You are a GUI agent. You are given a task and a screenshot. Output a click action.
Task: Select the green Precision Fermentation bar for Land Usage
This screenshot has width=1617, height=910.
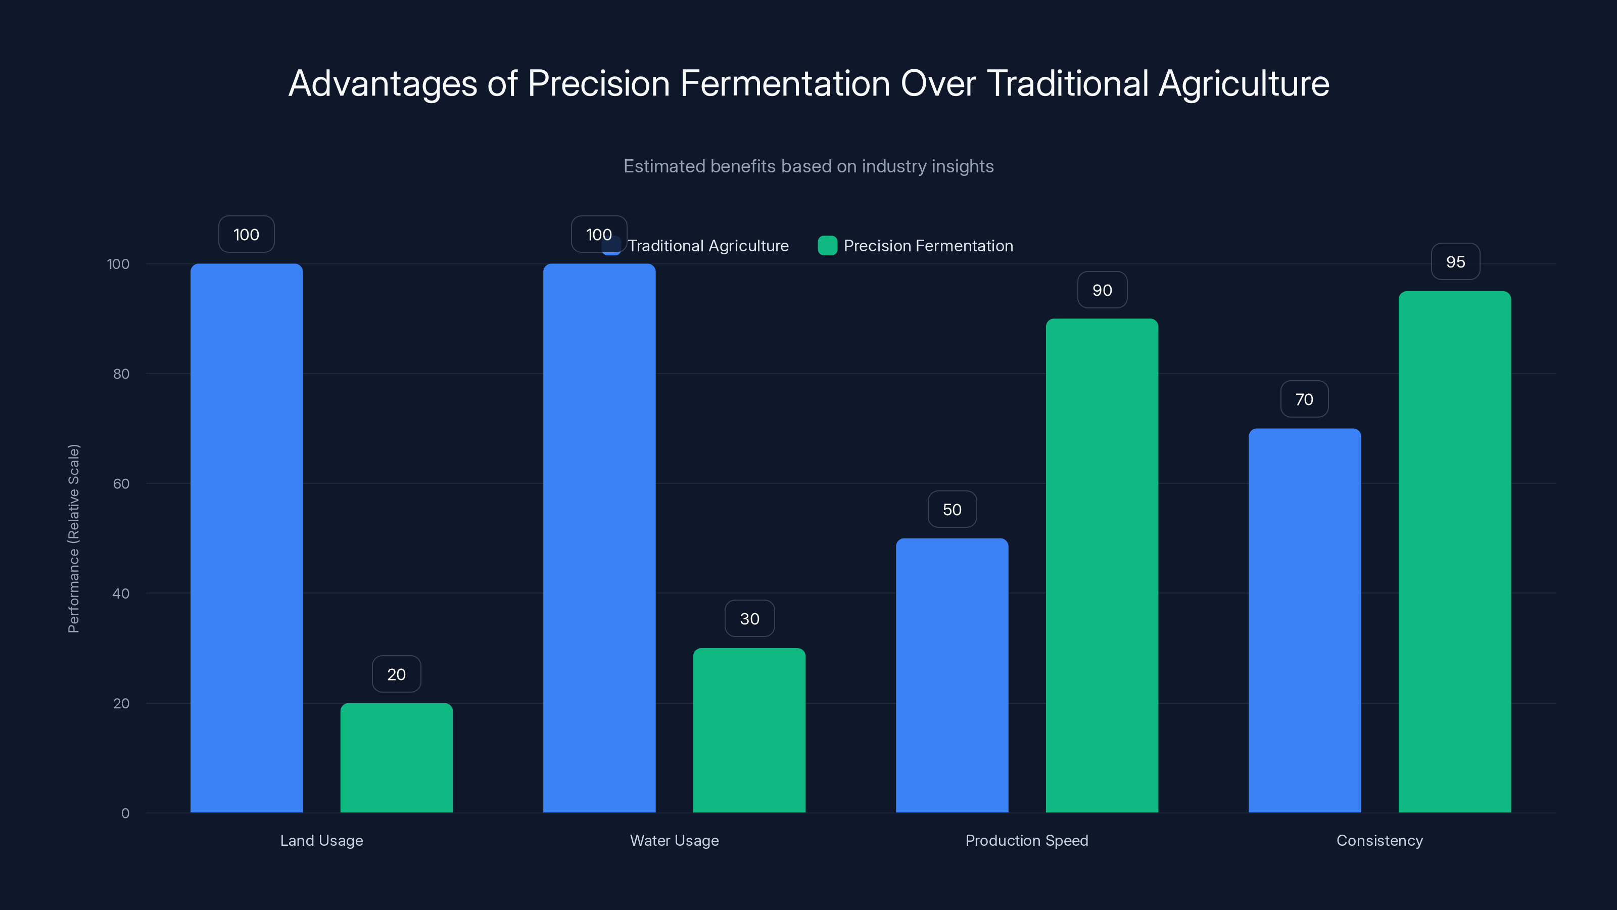click(x=396, y=757)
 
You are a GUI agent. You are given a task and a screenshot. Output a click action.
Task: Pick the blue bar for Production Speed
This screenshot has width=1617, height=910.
click(x=952, y=675)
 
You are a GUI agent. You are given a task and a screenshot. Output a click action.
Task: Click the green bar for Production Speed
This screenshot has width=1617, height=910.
click(x=1102, y=565)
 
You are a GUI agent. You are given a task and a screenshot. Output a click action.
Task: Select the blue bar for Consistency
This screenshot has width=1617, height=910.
click(x=1304, y=620)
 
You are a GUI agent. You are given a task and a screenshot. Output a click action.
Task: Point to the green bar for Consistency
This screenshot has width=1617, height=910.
click(x=1454, y=552)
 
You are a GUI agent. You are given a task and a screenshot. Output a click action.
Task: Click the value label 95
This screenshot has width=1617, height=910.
click(x=1455, y=262)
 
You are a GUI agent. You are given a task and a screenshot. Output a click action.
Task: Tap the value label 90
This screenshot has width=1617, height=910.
click(x=1102, y=290)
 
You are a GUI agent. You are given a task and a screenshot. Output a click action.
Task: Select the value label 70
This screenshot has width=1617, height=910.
click(x=1304, y=399)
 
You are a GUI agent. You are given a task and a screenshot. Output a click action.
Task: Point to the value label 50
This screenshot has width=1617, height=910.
click(x=952, y=509)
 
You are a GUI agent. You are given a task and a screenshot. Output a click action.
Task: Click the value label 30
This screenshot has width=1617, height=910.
click(x=749, y=619)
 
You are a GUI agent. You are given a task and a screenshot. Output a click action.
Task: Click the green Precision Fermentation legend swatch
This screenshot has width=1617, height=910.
click(x=827, y=246)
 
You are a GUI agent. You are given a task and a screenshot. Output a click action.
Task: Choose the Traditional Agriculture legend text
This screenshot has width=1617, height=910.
click(x=708, y=246)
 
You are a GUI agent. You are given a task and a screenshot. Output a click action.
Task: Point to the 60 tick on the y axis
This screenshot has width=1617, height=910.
click(x=121, y=484)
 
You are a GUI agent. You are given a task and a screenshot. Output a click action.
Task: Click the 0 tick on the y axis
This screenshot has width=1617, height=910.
click(x=125, y=813)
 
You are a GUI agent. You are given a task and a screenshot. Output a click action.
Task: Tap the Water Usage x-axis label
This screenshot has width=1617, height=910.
click(x=674, y=840)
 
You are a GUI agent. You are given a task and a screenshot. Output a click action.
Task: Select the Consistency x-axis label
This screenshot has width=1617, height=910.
click(x=1379, y=840)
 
